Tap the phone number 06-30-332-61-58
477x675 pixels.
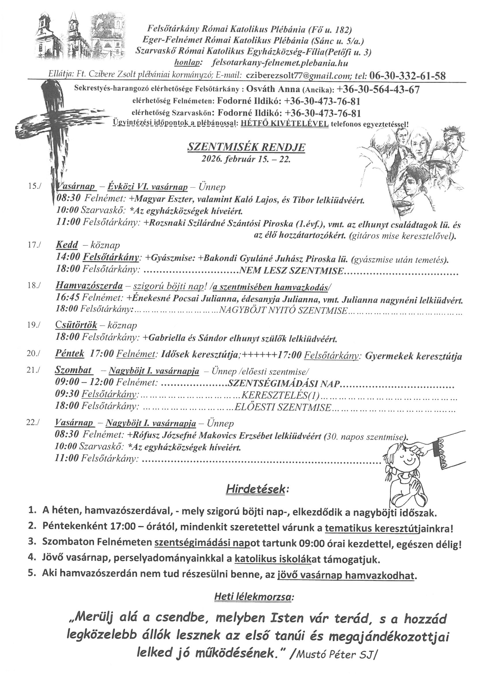click(x=407, y=76)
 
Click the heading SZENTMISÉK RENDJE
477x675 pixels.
click(x=246, y=148)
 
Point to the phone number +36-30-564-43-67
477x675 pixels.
click(x=378, y=89)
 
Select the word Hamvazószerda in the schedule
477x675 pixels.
click(x=89, y=286)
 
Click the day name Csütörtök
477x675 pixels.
click(x=76, y=325)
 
